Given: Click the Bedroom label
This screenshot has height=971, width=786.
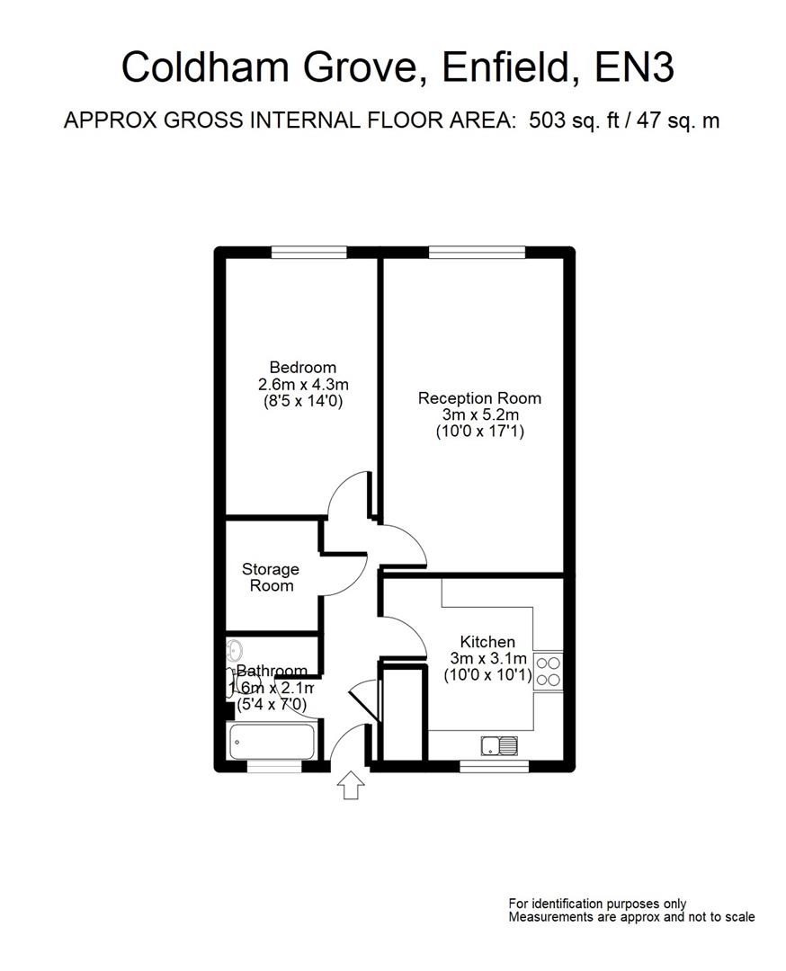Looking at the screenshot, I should click(303, 367).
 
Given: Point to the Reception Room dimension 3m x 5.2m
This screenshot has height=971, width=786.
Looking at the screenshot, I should click(479, 414).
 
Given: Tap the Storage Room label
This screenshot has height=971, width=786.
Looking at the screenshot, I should click(271, 577).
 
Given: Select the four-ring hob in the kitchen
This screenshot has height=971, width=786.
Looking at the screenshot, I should click(549, 671).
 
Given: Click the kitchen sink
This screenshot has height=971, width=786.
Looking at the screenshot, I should click(498, 745).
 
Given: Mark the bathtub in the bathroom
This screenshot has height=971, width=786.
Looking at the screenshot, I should click(272, 743).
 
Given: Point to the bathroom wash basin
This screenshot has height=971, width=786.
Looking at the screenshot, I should click(235, 650).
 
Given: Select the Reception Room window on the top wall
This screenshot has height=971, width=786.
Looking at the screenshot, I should click(476, 253).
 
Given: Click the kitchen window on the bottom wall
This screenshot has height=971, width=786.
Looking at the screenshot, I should click(494, 767).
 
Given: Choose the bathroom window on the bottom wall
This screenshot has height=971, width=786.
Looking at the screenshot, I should click(274, 767).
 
